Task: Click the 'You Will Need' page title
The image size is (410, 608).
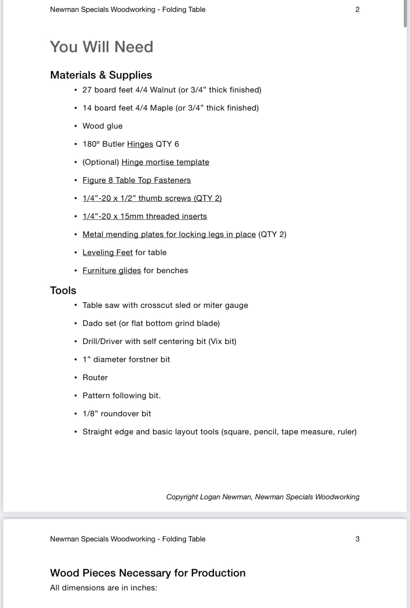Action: tap(102, 47)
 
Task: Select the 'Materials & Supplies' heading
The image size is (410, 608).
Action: tap(101, 75)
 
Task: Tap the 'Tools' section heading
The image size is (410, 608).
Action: tap(63, 290)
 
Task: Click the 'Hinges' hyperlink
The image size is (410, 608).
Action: tap(140, 144)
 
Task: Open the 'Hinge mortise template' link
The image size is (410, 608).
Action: tap(165, 162)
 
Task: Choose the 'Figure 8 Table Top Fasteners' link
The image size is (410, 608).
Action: tap(137, 180)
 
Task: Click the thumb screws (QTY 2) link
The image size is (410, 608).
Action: tap(152, 198)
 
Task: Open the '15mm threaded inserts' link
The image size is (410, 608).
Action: tap(145, 216)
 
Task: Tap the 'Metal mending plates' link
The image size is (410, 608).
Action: tap(169, 235)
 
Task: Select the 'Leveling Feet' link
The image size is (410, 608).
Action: tap(107, 253)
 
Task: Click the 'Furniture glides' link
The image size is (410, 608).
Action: tap(112, 271)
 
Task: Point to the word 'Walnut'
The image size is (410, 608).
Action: tap(163, 90)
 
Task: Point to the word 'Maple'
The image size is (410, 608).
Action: tap(161, 108)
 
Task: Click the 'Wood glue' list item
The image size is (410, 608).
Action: tap(102, 126)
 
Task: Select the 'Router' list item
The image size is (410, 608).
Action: tap(95, 378)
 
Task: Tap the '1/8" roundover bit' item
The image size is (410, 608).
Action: tap(116, 414)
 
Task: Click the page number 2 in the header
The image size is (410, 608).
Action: tap(357, 9)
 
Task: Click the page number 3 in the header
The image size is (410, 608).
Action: tap(357, 539)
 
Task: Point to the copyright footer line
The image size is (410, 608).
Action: tap(263, 497)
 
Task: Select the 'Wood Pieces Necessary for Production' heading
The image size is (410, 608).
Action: tap(147, 573)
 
